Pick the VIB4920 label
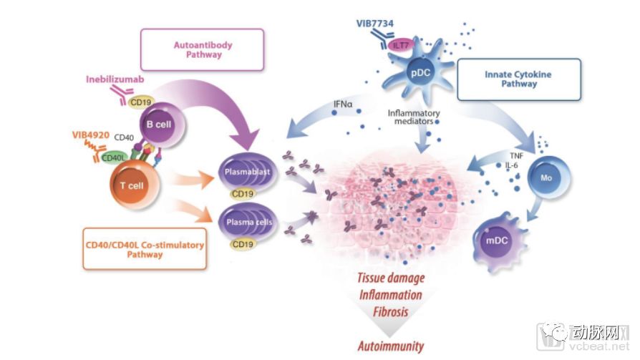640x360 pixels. point(92,134)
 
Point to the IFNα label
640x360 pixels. point(344,104)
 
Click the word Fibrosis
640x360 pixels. point(391,312)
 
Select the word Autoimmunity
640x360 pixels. point(391,346)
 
